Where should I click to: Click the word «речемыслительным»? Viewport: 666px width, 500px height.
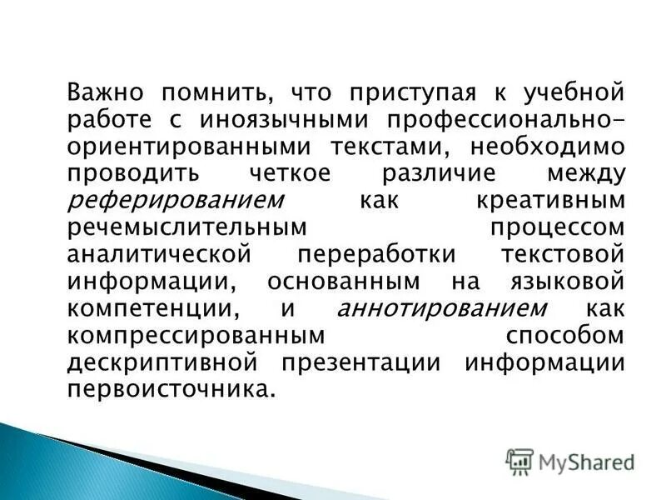(185, 228)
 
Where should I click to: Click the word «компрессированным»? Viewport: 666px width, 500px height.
(195, 335)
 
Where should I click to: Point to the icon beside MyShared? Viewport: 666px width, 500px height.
(520, 461)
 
